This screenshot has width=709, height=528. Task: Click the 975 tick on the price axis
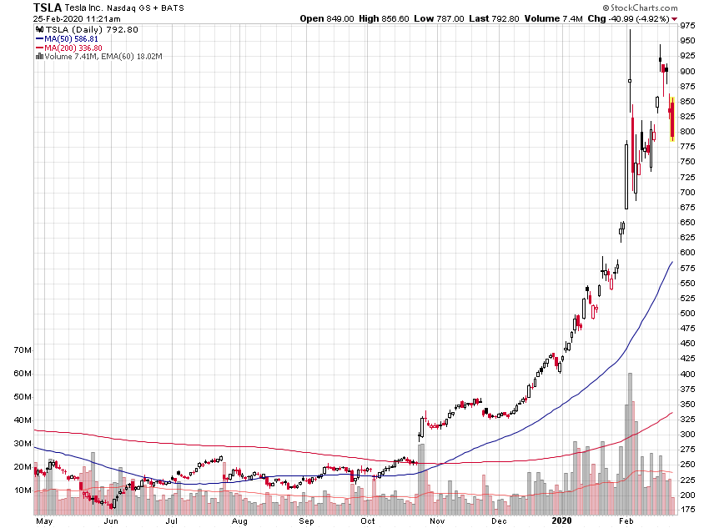(688, 26)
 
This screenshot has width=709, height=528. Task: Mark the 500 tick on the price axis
(688, 314)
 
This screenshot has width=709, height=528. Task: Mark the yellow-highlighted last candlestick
(672, 118)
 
